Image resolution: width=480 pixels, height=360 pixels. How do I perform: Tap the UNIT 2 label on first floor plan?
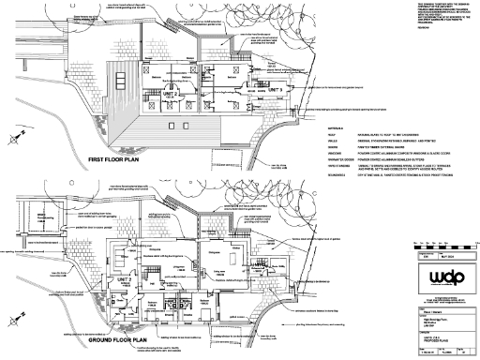click(170, 94)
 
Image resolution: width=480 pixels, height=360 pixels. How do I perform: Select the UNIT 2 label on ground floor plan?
click(123, 280)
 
